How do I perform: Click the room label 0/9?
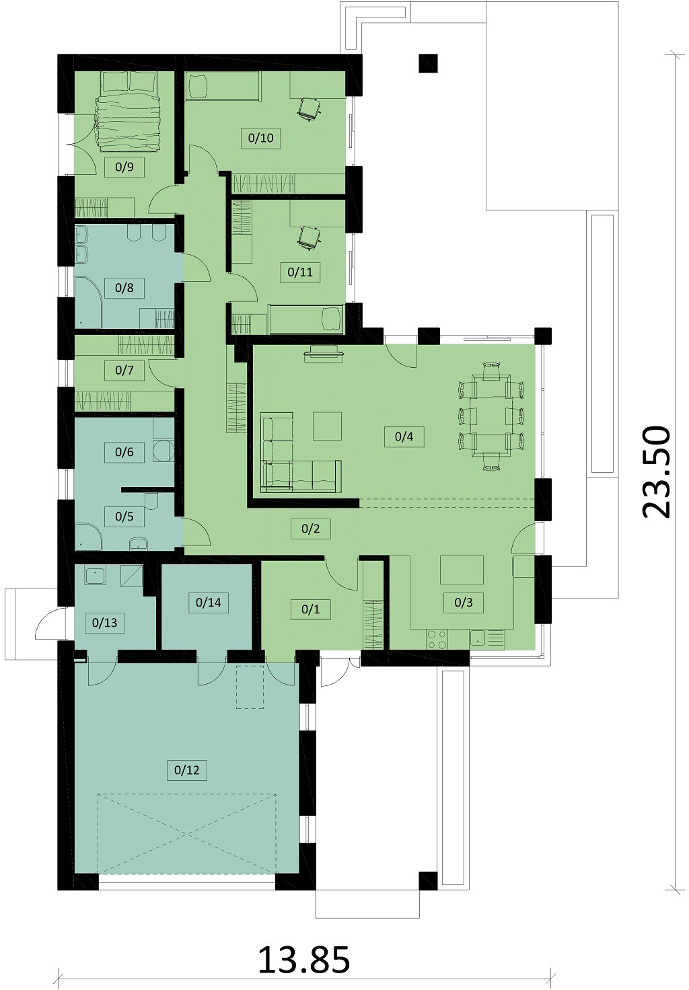coord(124,167)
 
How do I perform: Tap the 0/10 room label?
coord(261,138)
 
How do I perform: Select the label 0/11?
coord(300,272)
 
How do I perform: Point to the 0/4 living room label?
coord(404,436)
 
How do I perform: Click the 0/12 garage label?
coord(186,770)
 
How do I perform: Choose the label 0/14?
coord(209,603)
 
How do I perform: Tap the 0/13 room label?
coord(105,623)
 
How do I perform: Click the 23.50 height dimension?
coord(655,471)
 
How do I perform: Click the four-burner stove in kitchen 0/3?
coord(437,640)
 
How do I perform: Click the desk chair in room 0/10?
coord(309,108)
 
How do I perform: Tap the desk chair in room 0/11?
coord(309,238)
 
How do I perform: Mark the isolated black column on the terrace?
coord(428,63)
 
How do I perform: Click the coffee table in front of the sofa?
coord(327,426)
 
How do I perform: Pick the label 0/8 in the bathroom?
coord(124,288)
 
